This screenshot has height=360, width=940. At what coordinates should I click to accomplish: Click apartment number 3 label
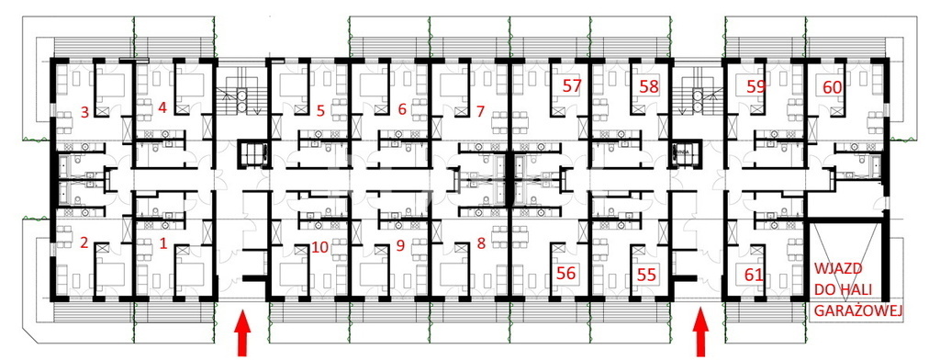click(x=84, y=112)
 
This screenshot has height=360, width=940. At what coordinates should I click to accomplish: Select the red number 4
click(x=162, y=108)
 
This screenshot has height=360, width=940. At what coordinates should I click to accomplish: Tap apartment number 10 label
click(x=320, y=247)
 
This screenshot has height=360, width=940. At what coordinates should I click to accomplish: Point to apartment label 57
click(x=572, y=85)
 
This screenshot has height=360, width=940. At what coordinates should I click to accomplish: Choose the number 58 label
click(x=649, y=86)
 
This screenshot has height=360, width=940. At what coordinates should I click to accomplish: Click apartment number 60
click(x=832, y=87)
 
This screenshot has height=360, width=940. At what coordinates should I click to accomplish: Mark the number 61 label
click(x=754, y=276)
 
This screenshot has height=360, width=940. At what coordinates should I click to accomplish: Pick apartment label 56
click(x=565, y=274)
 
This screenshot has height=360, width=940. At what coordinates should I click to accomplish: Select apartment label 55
click(x=646, y=275)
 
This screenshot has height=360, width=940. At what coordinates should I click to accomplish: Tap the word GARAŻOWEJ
click(x=858, y=310)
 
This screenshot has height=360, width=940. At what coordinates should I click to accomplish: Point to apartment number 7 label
click(x=479, y=112)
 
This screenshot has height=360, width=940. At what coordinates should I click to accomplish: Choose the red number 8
click(x=481, y=243)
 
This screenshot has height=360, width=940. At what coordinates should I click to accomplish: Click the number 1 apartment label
click(x=162, y=243)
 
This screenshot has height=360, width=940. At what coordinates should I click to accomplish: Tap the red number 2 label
click(x=84, y=243)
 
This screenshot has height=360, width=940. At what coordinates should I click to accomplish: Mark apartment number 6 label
click(x=402, y=109)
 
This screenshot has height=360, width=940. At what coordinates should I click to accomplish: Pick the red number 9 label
click(x=400, y=245)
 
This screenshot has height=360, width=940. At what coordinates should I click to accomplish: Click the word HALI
click(x=858, y=290)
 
